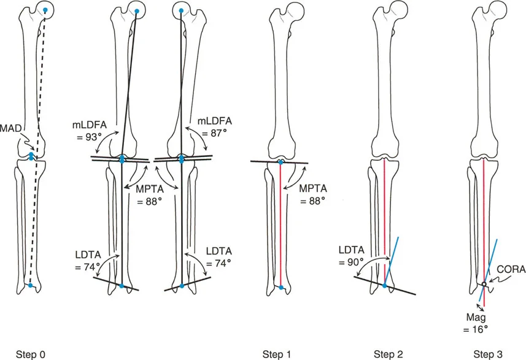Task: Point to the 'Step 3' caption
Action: [489, 353]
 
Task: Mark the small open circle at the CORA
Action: [484, 284]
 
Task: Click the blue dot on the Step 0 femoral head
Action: [45, 11]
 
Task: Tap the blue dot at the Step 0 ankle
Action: [30, 285]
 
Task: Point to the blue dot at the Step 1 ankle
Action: [281, 286]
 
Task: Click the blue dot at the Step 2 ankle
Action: [384, 286]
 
